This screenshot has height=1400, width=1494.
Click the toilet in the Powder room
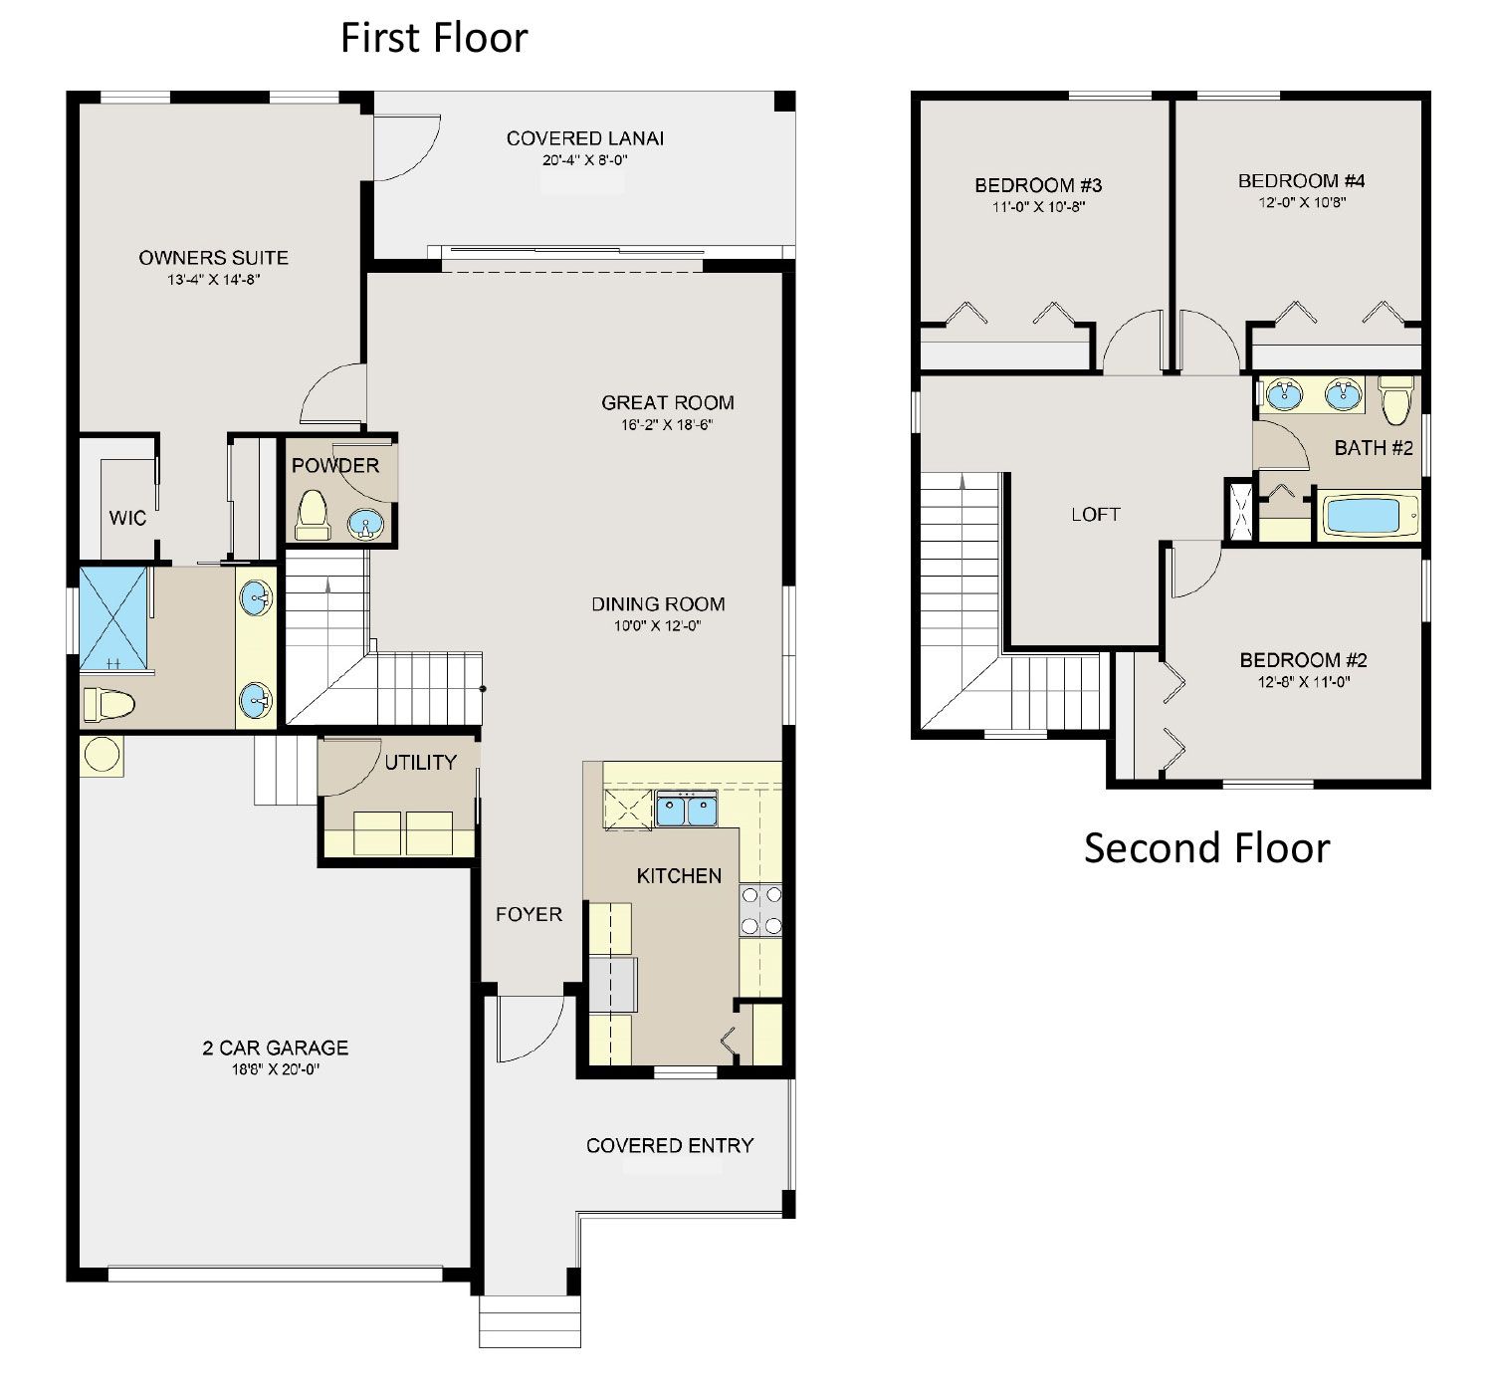pyautogui.click(x=313, y=516)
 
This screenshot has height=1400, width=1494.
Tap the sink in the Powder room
pyautogui.click(x=366, y=524)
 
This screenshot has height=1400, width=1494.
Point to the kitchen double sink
pyautogui.click(x=687, y=810)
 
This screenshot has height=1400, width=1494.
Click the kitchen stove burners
pyautogui.click(x=760, y=910)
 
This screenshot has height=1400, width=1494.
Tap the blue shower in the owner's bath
pyautogui.click(x=113, y=619)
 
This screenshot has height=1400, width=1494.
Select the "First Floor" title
pyautogui.click(x=434, y=38)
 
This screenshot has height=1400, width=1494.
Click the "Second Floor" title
pyautogui.click(x=1206, y=847)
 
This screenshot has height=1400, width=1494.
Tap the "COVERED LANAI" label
pyautogui.click(x=584, y=138)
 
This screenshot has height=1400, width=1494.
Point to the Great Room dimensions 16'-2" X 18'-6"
pyautogui.click(x=667, y=424)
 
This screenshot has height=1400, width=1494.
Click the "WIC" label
pyautogui.click(x=127, y=518)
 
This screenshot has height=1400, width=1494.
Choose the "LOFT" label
pyautogui.click(x=1096, y=515)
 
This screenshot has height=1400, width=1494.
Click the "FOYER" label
pyautogui.click(x=529, y=914)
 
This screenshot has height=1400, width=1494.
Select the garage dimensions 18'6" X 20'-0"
pyautogui.click(x=276, y=1068)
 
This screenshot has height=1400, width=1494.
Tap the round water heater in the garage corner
pyautogui.click(x=102, y=755)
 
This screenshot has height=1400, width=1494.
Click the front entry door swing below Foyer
pyautogui.click(x=531, y=1029)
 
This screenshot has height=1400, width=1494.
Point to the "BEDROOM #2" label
pyautogui.click(x=1303, y=660)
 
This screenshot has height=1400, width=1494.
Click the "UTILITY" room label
pyautogui.click(x=420, y=763)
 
